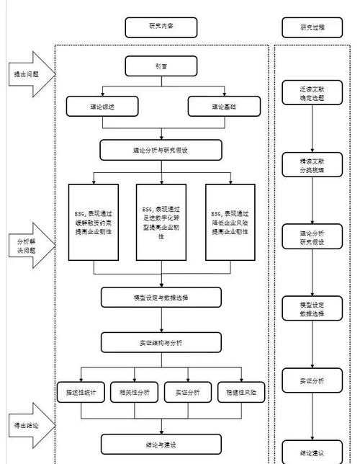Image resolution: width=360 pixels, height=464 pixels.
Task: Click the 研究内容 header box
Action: [161, 27]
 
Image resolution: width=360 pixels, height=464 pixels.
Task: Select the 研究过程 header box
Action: [312, 27]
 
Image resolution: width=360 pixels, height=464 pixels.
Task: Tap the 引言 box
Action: [161, 67]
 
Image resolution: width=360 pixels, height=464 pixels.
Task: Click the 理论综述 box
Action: [100, 107]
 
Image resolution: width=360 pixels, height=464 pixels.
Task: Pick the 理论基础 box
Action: [222, 107]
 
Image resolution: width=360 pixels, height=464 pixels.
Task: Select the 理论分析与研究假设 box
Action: [161, 150]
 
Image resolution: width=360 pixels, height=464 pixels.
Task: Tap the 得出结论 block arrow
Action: [27, 425]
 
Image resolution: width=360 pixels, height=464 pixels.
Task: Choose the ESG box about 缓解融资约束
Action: [94, 222]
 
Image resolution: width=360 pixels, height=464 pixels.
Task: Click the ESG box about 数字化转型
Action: [161, 222]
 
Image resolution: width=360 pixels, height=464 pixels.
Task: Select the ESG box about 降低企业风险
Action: [230, 222]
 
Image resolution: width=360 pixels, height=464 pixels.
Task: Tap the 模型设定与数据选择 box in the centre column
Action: [161, 297]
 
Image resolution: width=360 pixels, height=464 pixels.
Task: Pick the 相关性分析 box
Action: [131, 393]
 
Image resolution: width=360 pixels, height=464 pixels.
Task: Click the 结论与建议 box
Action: [161, 443]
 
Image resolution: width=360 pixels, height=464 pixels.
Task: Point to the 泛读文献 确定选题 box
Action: [312, 92]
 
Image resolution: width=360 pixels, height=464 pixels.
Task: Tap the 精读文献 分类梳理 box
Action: [312, 165]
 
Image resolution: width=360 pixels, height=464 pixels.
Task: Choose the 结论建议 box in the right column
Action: [312, 452]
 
